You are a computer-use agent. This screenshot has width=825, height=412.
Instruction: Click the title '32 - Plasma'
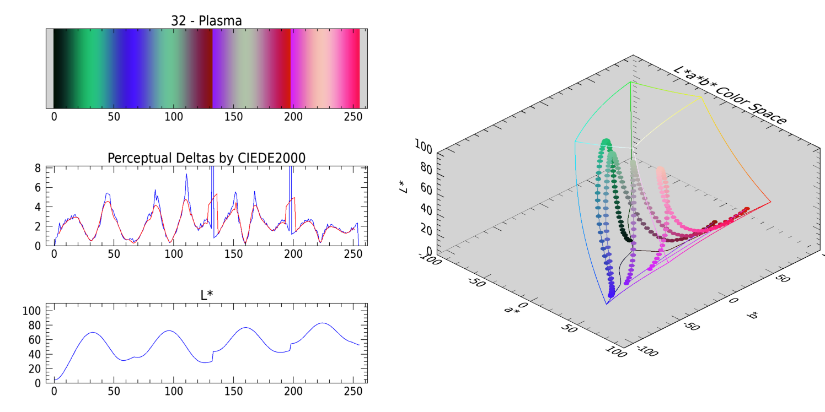[206, 21]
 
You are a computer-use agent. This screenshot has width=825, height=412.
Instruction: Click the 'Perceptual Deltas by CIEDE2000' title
[206, 158]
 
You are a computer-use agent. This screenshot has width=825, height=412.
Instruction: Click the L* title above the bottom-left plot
[206, 295]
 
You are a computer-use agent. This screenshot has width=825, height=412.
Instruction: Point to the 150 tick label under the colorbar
[233, 117]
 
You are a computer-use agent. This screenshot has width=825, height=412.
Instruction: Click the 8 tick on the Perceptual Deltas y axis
[39, 169]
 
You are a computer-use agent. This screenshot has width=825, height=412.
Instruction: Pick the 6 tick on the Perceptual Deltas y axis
[39, 188]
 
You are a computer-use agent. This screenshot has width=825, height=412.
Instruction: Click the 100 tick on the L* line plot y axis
[34, 311]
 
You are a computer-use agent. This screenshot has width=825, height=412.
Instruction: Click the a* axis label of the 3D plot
[511, 310]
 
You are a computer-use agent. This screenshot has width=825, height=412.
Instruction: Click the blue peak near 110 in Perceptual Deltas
[186, 175]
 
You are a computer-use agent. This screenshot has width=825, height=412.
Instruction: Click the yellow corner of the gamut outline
[702, 97]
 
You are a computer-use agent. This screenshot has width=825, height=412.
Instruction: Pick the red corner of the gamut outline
[770, 202]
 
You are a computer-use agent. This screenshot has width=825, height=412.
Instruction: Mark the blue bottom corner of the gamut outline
[606, 304]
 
